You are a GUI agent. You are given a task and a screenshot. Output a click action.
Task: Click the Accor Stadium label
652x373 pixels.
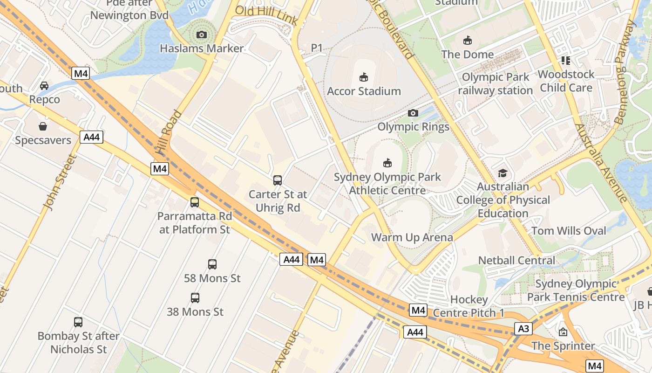pos(364,91)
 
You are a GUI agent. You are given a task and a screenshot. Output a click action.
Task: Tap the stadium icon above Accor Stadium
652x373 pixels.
pos(364,77)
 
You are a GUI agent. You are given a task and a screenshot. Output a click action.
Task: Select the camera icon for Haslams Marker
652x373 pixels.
pos(202,35)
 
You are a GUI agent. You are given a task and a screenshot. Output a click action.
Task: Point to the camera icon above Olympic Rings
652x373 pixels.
pos(413,113)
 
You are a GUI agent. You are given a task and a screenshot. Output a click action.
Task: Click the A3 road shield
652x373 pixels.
pos(523,329)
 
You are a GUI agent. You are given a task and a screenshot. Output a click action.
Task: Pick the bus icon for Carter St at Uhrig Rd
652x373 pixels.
pos(278,180)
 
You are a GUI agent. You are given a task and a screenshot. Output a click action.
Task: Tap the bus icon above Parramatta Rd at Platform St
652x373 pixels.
pos(195,202)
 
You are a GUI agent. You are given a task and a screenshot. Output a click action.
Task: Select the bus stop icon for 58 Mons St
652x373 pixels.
pos(212,264)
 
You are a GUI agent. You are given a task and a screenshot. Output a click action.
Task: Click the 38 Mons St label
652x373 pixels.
pos(195,311)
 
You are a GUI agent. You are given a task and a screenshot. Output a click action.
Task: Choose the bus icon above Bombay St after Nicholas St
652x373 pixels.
pos(78,322)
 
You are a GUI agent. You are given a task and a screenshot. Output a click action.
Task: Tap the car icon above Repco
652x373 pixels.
pos(44,85)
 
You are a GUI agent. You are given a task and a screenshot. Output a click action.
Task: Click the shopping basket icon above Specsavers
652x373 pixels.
pos(43,126)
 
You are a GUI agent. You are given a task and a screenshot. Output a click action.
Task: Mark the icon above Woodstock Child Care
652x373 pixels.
pos(566,60)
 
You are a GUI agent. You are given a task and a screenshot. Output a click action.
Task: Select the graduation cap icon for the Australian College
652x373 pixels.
pos(503,173)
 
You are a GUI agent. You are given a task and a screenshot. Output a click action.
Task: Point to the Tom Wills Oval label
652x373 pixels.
pos(569,231)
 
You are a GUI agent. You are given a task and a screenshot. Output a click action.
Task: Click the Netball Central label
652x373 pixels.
pos(517,260)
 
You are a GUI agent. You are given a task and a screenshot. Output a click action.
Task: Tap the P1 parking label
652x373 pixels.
pos(317,48)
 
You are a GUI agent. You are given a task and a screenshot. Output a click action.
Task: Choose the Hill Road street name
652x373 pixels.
pos(169,133)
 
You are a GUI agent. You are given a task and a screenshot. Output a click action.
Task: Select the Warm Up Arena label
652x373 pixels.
pos(412,237)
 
